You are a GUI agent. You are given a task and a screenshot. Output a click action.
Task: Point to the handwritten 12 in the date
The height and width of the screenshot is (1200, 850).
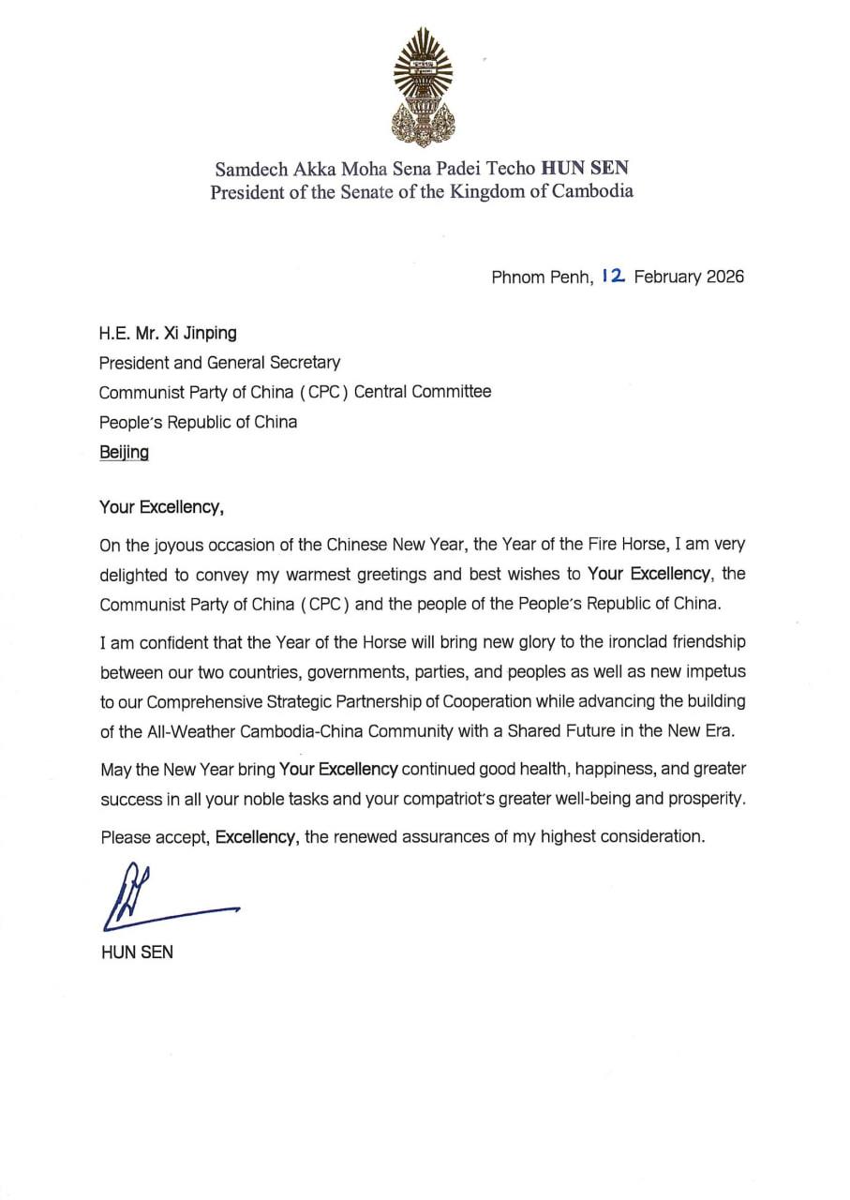(616, 277)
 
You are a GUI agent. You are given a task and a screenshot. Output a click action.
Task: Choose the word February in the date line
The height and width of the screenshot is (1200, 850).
(668, 277)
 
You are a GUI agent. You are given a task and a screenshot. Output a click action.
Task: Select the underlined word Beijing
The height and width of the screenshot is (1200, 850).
(124, 452)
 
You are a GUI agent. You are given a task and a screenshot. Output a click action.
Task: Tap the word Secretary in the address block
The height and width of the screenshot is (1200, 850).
(302, 361)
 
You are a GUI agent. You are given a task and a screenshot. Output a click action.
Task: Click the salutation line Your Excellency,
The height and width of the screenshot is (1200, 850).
(161, 508)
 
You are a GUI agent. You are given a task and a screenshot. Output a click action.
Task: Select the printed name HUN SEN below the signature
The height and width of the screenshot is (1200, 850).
(136, 953)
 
